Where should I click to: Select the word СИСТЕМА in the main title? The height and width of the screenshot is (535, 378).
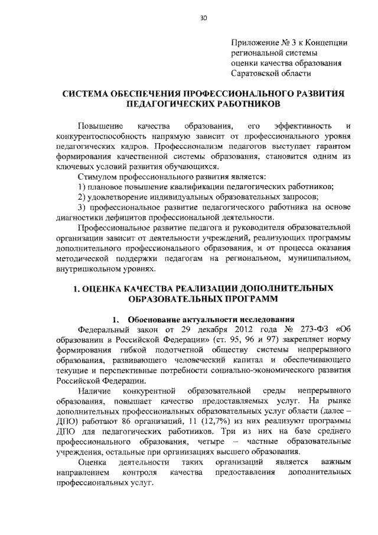tap(89, 93)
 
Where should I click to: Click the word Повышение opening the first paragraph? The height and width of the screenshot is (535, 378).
tap(102, 127)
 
